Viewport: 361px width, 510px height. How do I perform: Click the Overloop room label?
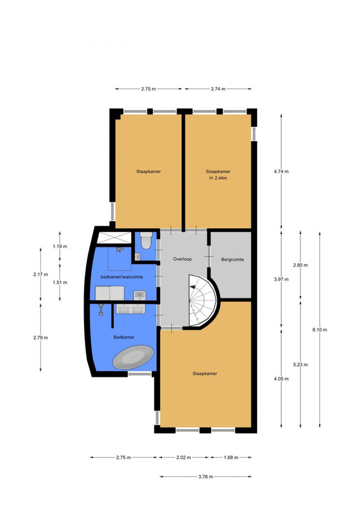[x=182, y=259]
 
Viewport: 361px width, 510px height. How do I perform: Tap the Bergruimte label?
[x=232, y=259]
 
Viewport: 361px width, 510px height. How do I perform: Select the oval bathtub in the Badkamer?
[x=133, y=358]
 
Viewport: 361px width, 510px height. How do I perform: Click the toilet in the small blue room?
[x=147, y=241]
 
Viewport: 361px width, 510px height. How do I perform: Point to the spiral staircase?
[x=202, y=300]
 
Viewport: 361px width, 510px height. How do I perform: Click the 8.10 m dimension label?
[x=320, y=330]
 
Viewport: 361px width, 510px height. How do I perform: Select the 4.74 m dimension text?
[x=281, y=171]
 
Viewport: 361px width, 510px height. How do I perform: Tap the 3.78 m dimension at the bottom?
[x=206, y=477]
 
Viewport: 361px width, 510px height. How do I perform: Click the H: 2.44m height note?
[x=218, y=178]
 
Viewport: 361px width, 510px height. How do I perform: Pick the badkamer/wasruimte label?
[x=122, y=277]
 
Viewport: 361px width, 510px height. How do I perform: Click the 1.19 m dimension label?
[x=60, y=246]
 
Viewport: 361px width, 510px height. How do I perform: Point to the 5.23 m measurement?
[x=300, y=365]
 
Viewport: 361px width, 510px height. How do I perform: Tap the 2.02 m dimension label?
[x=184, y=457]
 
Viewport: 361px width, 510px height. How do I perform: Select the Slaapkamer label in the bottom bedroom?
[x=205, y=374]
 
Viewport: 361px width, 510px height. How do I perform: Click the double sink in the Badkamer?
[x=131, y=309]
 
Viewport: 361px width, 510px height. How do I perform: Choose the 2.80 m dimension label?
[x=300, y=265]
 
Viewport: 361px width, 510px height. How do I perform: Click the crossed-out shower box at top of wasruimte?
[x=114, y=237]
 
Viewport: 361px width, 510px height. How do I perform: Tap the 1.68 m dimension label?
[x=231, y=457]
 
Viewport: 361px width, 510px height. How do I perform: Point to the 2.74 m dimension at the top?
[x=218, y=89]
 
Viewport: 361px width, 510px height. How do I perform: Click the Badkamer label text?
[x=124, y=337]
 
